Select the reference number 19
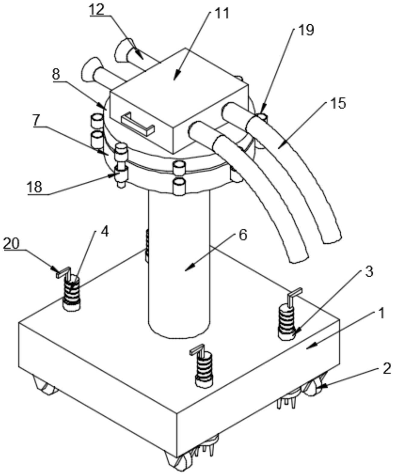click(x=306, y=30)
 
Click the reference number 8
click(x=56, y=74)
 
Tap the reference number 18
click(x=35, y=187)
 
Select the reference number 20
click(x=11, y=244)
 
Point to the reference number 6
click(x=243, y=236)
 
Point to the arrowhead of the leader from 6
click(x=188, y=269)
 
